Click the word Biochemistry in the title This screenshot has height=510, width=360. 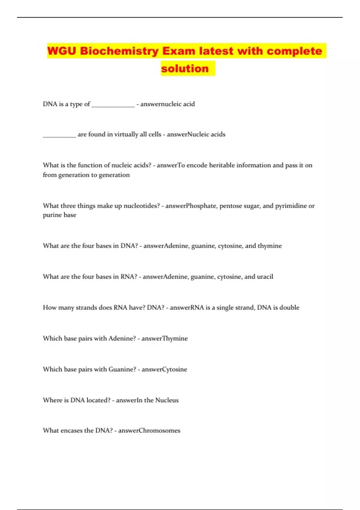(119, 51)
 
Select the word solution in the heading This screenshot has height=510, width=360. (185, 69)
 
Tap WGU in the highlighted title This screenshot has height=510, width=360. (62, 51)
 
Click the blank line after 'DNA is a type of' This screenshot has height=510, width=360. (113, 105)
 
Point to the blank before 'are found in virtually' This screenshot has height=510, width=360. (59, 135)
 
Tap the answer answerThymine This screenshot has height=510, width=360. (164, 339)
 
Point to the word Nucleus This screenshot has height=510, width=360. (167, 400)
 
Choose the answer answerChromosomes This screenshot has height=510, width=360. (149, 431)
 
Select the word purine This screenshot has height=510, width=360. (52, 215)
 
